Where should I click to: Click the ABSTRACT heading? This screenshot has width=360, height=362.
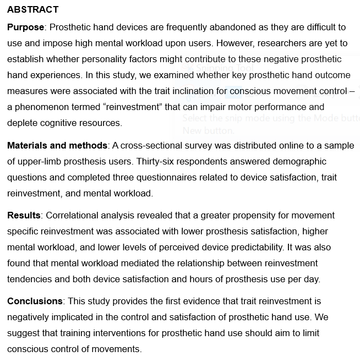[33, 10]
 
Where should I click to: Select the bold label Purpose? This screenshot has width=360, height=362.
[25, 27]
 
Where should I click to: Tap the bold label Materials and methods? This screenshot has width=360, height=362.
[57, 145]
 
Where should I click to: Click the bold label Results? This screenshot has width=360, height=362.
[24, 215]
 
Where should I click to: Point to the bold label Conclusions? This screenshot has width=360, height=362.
[35, 301]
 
